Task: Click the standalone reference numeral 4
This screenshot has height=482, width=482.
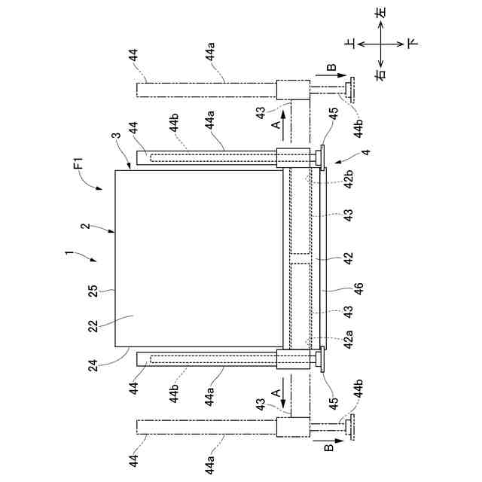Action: tap(345, 154)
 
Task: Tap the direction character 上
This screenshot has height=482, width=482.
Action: tap(349, 44)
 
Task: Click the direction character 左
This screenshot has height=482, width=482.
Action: tap(381, 13)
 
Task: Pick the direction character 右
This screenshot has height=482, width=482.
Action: tap(381, 74)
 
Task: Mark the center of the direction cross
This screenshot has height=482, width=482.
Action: tap(381, 44)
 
